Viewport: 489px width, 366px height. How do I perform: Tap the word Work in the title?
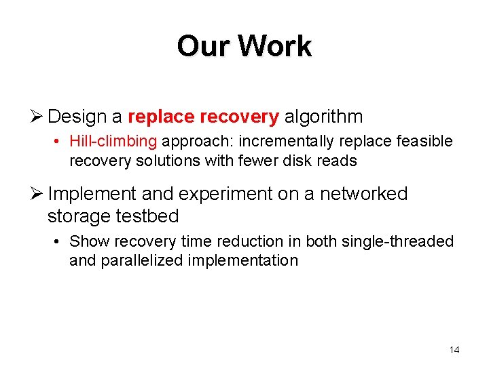click(x=274, y=46)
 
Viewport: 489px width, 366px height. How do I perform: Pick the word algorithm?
click(x=323, y=117)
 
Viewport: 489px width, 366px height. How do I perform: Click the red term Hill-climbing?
click(x=113, y=141)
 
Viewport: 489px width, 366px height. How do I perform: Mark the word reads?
click(x=337, y=161)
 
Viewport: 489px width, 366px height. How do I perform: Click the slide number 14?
click(x=454, y=350)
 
